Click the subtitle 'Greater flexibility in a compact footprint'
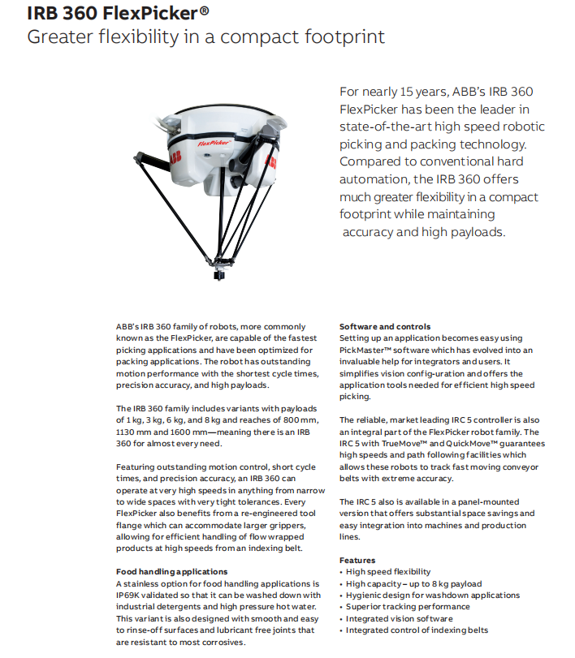coord(205,37)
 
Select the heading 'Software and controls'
coord(385,327)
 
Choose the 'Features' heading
coord(357,561)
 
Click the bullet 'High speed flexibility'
coord(388,572)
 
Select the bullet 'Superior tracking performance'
coord(407,607)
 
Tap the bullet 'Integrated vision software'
coord(399,618)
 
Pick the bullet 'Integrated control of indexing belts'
coord(417,630)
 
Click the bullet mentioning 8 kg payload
coord(413,583)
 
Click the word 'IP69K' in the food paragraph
coord(129,596)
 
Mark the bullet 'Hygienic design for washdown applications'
coord(432,596)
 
